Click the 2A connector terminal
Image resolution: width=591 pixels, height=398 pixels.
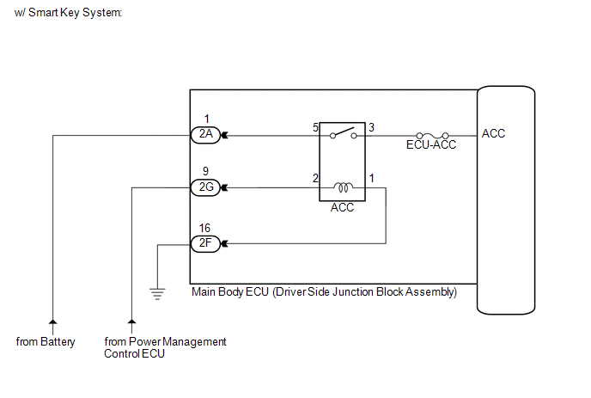tap(206, 135)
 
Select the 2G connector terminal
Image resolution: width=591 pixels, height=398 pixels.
tap(206, 187)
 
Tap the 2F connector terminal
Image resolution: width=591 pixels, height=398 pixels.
tap(206, 243)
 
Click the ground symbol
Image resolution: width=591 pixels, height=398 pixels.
tap(157, 294)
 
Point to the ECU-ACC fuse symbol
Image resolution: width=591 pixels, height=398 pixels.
tap(432, 136)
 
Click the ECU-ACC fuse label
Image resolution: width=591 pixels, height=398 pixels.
tap(431, 145)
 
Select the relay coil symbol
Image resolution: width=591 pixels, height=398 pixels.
tap(343, 187)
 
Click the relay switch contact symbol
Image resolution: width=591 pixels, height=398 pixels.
tap(343, 133)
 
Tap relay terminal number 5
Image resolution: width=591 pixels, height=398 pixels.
tap(315, 127)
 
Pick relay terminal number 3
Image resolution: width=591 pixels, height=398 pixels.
tap(371, 127)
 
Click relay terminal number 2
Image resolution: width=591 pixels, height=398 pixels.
tap(315, 178)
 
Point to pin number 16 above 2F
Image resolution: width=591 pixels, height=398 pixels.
tap(204, 228)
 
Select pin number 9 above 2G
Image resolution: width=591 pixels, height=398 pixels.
tap(205, 171)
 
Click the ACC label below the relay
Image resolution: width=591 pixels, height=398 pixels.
tap(342, 207)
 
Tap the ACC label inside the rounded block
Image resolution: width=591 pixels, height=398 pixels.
tap(493, 133)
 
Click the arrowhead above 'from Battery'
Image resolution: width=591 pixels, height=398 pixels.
tap(52, 321)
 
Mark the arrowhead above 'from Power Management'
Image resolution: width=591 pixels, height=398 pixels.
tap(131, 321)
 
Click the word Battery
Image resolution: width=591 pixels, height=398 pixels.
tap(58, 342)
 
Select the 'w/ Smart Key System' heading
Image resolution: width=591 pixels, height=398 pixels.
tap(68, 12)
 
